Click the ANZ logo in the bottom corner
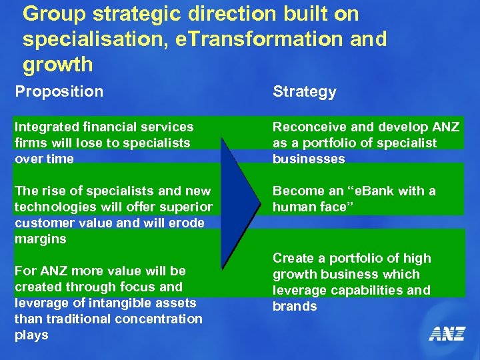pos(446,333)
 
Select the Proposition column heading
pos(59,91)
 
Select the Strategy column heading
pos(304,92)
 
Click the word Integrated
pos(45,127)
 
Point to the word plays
pos(31,335)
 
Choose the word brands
pos(295,306)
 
